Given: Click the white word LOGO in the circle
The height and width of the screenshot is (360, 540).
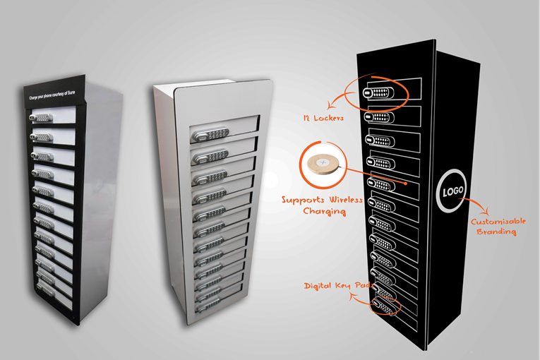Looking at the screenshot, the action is [x=453, y=191].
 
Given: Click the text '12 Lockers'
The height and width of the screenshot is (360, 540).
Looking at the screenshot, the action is [x=323, y=118].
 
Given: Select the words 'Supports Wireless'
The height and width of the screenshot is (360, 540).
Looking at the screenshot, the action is [x=322, y=200].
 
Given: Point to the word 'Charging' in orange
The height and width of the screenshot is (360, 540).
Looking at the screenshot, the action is [x=325, y=211].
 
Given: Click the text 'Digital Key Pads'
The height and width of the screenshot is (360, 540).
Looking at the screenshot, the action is [x=339, y=286].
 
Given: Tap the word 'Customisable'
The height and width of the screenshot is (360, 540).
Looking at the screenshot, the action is [x=498, y=222].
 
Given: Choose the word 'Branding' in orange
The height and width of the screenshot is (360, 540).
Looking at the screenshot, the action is [x=497, y=232].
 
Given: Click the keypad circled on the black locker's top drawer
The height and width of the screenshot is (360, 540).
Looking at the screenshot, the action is [x=378, y=92].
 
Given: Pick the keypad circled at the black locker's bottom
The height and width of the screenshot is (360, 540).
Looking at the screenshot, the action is [x=384, y=306].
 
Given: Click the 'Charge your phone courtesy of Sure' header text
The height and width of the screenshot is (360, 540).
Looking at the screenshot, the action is [x=52, y=95].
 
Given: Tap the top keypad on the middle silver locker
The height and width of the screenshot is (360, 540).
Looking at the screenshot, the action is [x=210, y=134].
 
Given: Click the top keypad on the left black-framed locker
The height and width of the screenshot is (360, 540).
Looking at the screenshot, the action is [x=42, y=118].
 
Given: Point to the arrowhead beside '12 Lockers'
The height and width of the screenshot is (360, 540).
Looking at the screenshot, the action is [x=331, y=104].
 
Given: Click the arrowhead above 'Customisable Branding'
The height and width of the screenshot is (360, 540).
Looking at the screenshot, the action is [x=486, y=210].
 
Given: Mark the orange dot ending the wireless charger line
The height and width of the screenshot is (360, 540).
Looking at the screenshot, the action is [x=406, y=184].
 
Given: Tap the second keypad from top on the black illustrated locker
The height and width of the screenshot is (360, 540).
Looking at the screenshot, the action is [x=379, y=117].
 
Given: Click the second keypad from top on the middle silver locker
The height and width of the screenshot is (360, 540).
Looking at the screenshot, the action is [x=210, y=157].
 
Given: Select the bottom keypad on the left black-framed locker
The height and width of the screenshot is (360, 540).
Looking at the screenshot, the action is [x=46, y=289].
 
